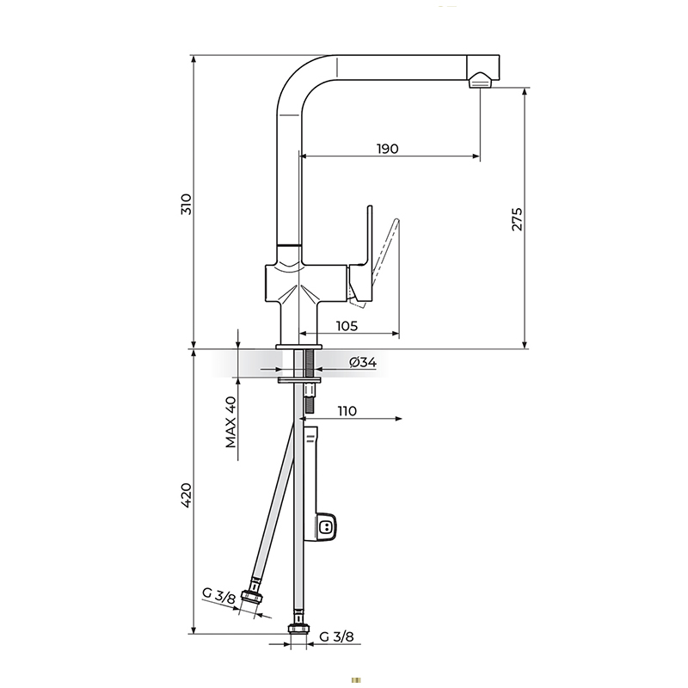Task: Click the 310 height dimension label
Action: (x=187, y=204)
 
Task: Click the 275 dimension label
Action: (x=517, y=219)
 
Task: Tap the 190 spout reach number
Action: (x=388, y=149)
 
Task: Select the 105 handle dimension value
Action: (x=347, y=326)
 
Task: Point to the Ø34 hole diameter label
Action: (x=363, y=362)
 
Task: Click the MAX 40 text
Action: (x=230, y=421)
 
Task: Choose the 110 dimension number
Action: (x=347, y=411)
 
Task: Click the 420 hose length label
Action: (x=187, y=495)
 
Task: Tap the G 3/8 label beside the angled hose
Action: (x=219, y=596)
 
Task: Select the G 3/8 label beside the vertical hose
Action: (x=336, y=636)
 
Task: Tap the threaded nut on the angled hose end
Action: (x=253, y=596)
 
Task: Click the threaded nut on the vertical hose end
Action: (x=298, y=630)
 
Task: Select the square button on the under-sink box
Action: (x=326, y=526)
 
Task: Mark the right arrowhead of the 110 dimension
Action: (x=399, y=419)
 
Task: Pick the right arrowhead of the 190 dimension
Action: (x=476, y=156)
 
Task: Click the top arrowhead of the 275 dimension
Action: (x=525, y=92)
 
